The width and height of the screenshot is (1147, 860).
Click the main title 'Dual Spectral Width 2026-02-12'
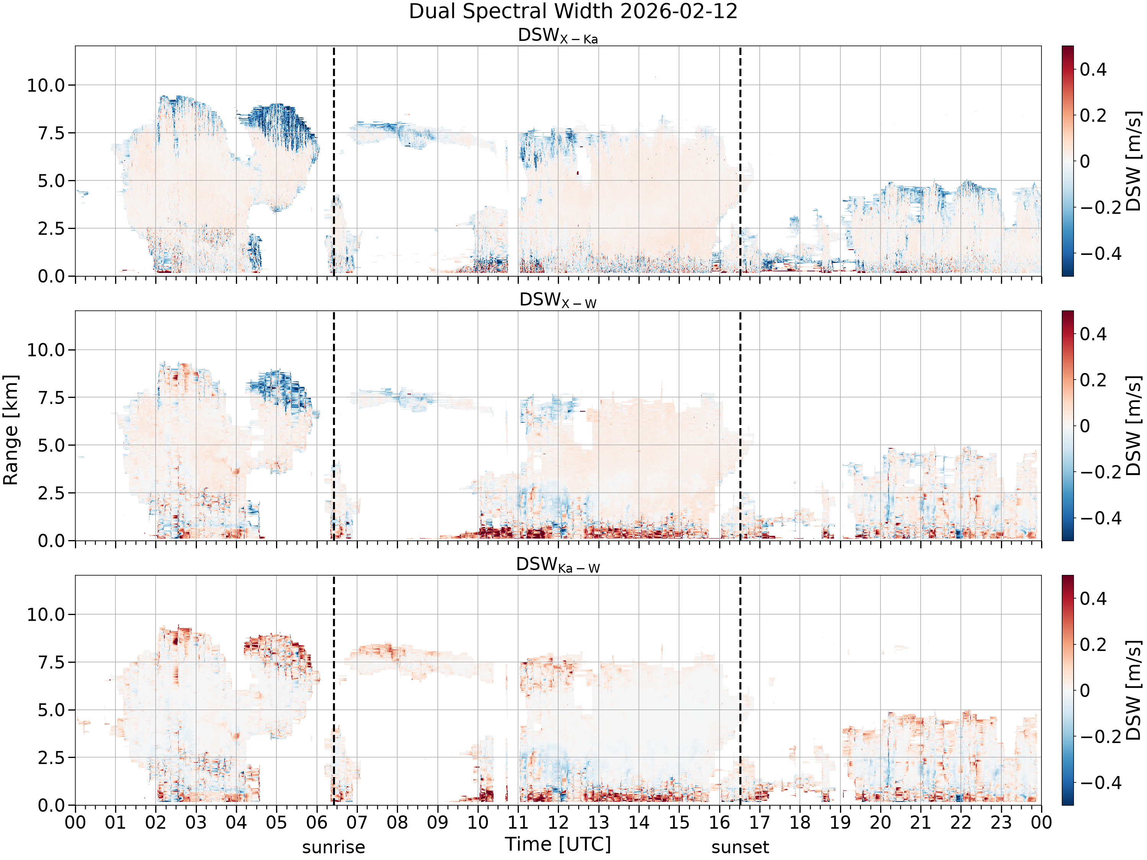point(573,11)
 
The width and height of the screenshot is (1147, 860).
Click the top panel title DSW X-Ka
point(558,36)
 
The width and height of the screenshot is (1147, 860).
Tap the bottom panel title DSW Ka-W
point(558,565)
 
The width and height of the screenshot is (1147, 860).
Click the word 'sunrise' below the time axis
point(333,847)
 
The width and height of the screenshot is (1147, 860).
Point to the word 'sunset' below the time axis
point(740,847)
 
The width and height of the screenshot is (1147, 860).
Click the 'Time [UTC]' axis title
point(558,844)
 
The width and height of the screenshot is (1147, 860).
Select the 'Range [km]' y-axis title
point(10,430)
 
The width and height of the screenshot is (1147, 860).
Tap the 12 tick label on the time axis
point(559,823)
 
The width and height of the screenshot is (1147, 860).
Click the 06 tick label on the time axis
point(317,823)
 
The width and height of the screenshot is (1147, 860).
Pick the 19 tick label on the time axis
point(840,823)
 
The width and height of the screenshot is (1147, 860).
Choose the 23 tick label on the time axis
point(1001,823)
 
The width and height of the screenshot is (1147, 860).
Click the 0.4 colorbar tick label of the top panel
point(1093,70)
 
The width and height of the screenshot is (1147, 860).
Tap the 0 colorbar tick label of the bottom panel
point(1085,691)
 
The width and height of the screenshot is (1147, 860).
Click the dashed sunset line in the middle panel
point(740,425)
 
